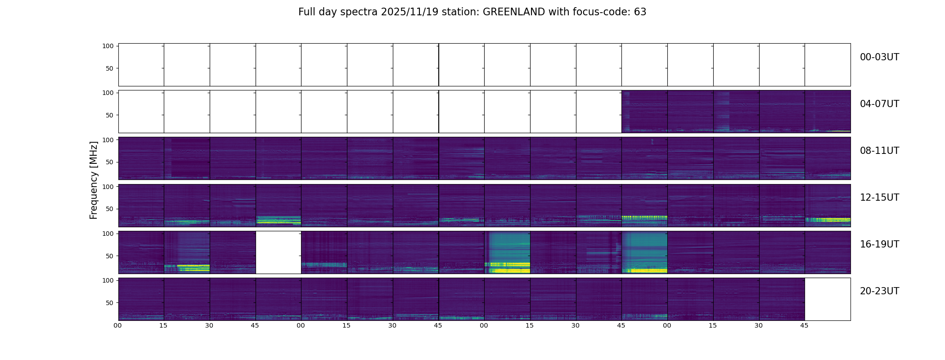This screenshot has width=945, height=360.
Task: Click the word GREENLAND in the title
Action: tap(514, 12)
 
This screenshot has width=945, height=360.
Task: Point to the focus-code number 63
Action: tap(640, 12)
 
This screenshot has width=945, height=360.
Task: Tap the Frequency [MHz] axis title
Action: tap(94, 180)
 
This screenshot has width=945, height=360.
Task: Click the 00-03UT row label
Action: tap(879, 57)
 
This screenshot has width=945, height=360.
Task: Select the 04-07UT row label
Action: tap(879, 104)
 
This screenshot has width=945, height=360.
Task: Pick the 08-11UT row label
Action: tap(879, 151)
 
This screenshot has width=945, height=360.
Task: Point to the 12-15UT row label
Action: tap(879, 198)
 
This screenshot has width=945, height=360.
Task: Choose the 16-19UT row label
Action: tap(879, 244)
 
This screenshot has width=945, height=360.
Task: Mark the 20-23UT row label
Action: tap(879, 291)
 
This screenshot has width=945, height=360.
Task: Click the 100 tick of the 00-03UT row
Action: tap(108, 46)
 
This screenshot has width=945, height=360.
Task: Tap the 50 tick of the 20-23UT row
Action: tap(110, 303)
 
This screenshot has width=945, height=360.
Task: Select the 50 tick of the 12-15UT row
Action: tap(110, 209)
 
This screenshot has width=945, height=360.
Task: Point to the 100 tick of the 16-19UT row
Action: tap(108, 234)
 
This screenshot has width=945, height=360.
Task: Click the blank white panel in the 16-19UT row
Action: tap(278, 252)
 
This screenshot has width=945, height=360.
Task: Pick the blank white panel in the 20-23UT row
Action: tap(827, 299)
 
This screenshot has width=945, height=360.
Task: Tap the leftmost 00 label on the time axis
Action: tap(117, 325)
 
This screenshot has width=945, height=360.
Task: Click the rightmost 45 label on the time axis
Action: tap(804, 325)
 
